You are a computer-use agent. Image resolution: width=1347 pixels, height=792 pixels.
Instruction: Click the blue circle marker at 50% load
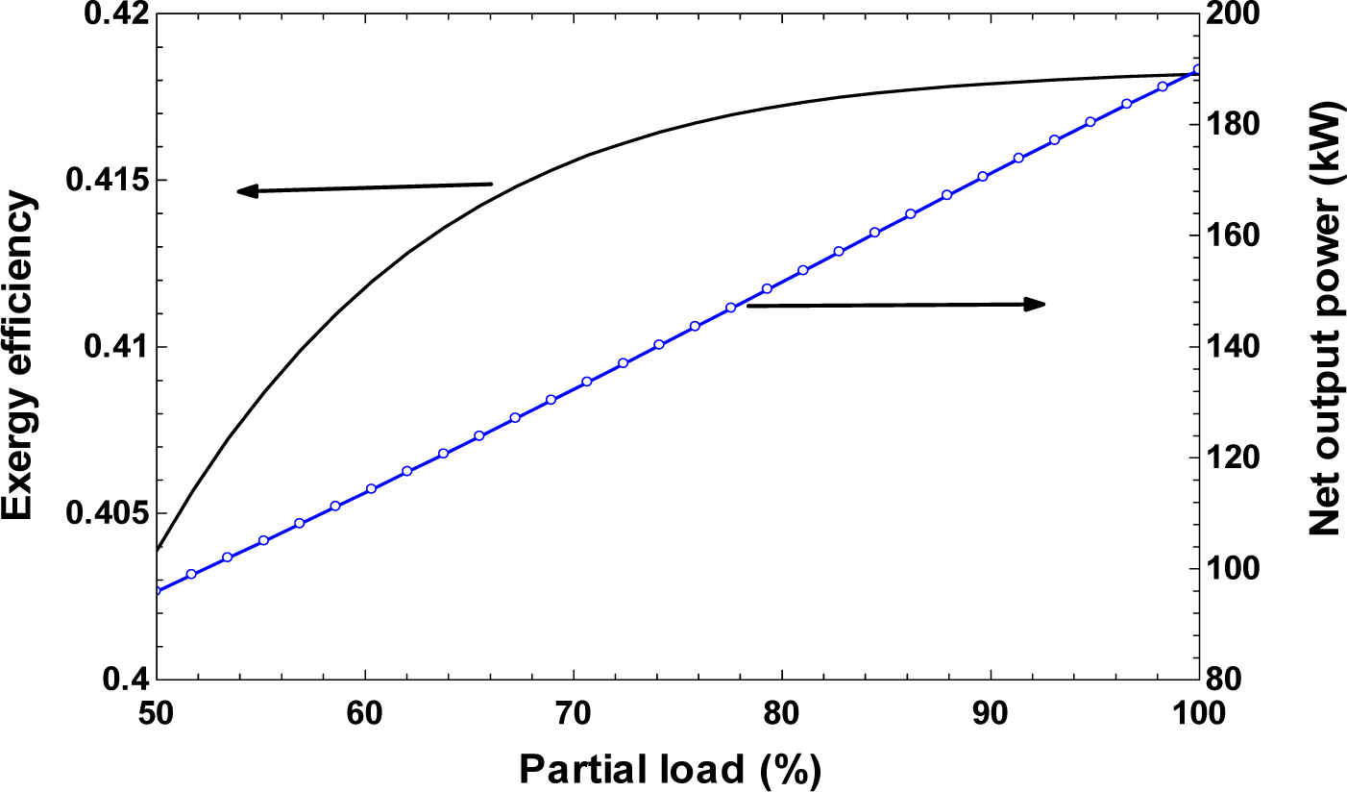[x=157, y=590]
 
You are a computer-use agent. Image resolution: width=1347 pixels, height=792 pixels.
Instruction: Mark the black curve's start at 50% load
[x=158, y=550]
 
